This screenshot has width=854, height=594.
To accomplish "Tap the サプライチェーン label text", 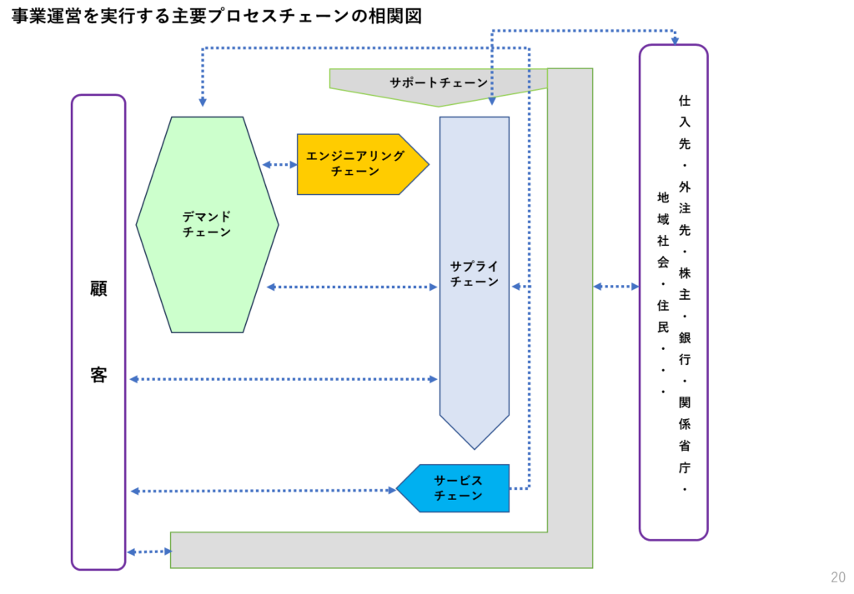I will [x=474, y=274].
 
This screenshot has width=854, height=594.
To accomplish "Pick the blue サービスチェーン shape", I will [x=457, y=488].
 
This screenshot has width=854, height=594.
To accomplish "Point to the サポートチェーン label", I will [x=439, y=82].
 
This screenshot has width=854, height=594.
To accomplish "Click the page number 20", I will [x=837, y=577].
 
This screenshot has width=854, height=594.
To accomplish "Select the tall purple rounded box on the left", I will [x=98, y=332].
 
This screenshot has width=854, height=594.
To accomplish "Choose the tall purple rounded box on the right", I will [x=674, y=292].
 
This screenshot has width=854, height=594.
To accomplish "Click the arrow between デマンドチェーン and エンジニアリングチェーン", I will [x=279, y=165].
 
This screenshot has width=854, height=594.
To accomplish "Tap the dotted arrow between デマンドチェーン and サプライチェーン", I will [x=352, y=287].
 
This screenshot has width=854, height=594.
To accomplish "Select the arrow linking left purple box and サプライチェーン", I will [x=284, y=379].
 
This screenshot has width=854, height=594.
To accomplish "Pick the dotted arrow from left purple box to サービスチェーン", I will [x=263, y=491].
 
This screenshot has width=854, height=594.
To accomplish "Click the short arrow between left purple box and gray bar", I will [x=148, y=552].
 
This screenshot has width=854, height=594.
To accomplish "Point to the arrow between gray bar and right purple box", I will [x=615, y=287].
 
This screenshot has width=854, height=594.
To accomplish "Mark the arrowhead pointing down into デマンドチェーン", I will [x=203, y=102].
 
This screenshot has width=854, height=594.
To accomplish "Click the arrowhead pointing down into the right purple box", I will [x=674, y=40].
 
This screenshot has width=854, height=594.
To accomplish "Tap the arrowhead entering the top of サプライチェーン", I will [x=492, y=101].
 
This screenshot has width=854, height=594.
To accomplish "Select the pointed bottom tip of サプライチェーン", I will [x=474, y=447].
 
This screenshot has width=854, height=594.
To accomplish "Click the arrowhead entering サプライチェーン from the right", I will [x=515, y=287].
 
